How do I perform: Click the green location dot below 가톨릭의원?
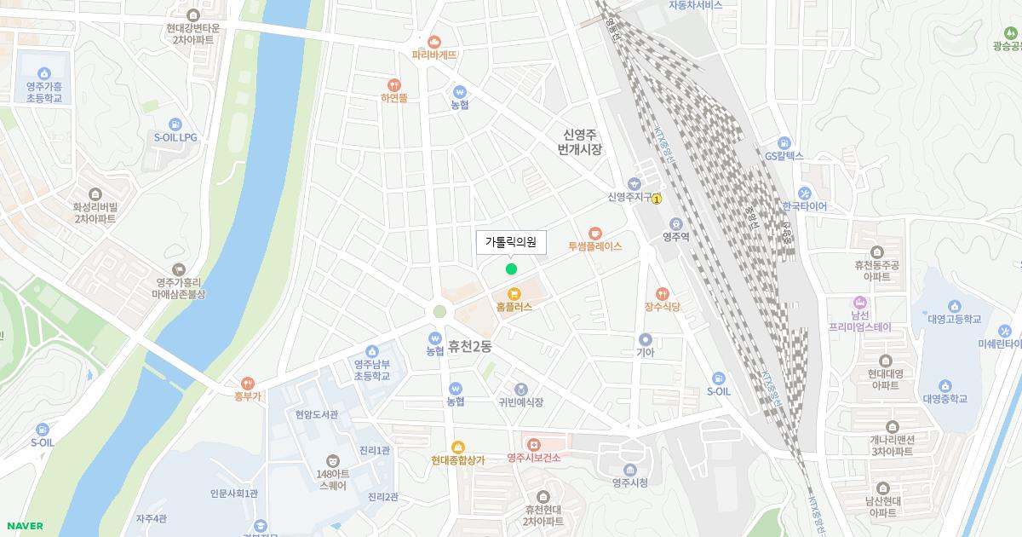pos(511,269)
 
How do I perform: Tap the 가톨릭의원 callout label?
pos(511,243)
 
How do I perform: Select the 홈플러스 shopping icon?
pos(514,293)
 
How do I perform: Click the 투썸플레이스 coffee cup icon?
pos(595,233)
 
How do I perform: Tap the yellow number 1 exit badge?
pos(657,198)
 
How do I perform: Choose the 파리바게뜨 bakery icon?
pos(434,41)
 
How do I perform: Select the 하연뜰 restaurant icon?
pos(393,84)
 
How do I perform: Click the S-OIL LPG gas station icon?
pos(175,124)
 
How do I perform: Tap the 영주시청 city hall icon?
pos(630,470)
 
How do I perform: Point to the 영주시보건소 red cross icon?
pos(534,445)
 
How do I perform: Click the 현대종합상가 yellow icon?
pos(458,447)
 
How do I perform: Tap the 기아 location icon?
pos(646,339)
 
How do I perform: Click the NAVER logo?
pos(24,526)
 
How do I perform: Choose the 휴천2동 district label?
pos(470,347)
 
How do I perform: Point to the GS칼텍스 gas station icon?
pos(784,143)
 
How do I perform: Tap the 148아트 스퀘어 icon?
pos(332,460)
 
